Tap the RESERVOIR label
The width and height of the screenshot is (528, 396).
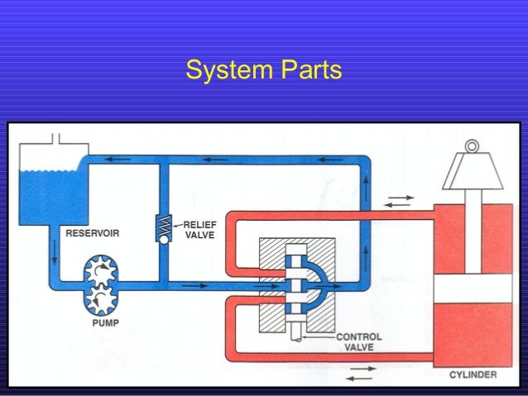[93, 233]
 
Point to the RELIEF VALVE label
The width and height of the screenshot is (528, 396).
[198, 229]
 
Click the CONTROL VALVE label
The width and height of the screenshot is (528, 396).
[358, 342]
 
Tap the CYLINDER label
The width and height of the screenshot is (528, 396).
[473, 375]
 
